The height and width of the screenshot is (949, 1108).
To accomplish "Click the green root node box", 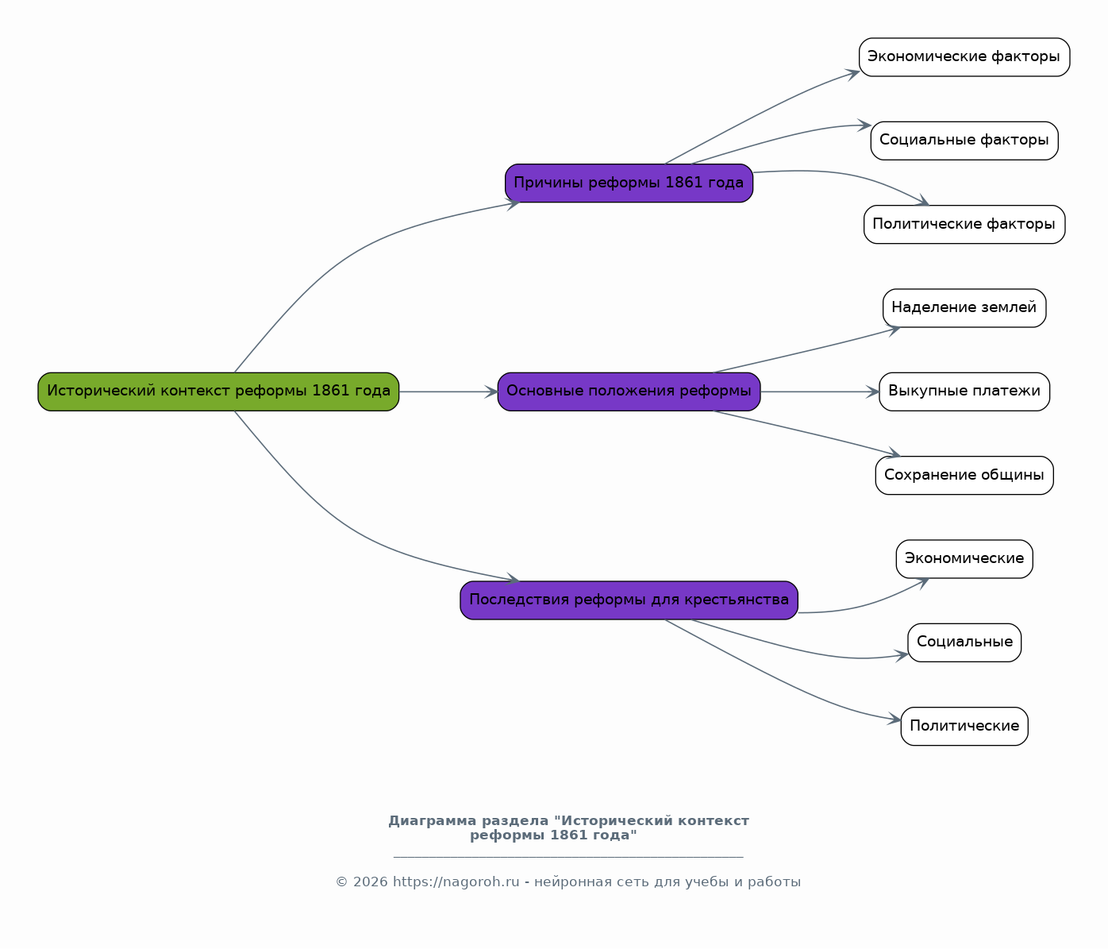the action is pos(218,392).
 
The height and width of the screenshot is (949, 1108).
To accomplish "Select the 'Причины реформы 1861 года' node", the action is pos(629,183).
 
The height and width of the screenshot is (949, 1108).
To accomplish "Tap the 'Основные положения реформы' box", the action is pos(629,392).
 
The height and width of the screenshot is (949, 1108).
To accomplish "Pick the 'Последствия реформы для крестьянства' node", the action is pos(629,600).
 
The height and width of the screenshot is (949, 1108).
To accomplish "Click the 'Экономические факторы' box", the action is pos(964,57).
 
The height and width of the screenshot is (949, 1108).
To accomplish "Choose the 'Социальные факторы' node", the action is pos(964,141).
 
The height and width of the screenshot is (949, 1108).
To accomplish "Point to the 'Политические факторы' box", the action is pos(964,224).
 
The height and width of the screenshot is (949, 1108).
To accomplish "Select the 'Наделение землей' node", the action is pos(964,308).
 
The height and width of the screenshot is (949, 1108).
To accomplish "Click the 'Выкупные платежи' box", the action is pos(964,392).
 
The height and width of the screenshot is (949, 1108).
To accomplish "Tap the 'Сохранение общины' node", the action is pos(964,476).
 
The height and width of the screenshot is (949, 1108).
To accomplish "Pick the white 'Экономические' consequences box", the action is pos(964,559).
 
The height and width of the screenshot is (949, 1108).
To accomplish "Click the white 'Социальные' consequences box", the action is pos(964,642).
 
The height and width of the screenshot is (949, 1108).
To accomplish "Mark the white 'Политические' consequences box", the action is pos(964,727).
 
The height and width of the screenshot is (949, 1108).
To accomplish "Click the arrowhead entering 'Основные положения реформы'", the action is pos(491,392).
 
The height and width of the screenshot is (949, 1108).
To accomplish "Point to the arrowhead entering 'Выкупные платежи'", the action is pos(873,392).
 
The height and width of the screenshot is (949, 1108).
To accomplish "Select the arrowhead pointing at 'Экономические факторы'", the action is pos(853,74).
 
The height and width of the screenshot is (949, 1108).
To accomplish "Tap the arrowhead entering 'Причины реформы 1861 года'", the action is pos(513,204).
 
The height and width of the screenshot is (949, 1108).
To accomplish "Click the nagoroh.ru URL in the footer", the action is pos(456,882).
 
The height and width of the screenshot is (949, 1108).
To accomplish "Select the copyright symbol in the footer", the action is pos(341,882).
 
